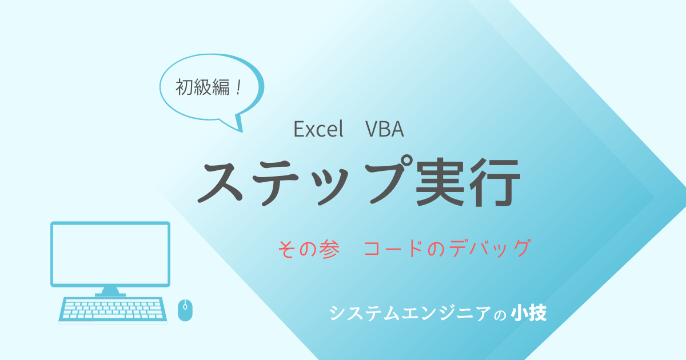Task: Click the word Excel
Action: [318, 129]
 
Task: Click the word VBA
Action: [385, 129]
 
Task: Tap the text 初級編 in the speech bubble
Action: [202, 87]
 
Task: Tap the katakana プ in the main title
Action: [389, 179]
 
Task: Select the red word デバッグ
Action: [489, 248]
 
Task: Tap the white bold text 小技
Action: [529, 313]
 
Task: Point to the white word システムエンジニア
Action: [410, 313]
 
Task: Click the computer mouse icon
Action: [185, 310]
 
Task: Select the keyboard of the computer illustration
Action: [113, 310]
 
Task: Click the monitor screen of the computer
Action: [110, 254]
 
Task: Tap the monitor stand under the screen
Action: [110, 292]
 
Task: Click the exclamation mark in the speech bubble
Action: [238, 87]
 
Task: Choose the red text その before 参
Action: [297, 249]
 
